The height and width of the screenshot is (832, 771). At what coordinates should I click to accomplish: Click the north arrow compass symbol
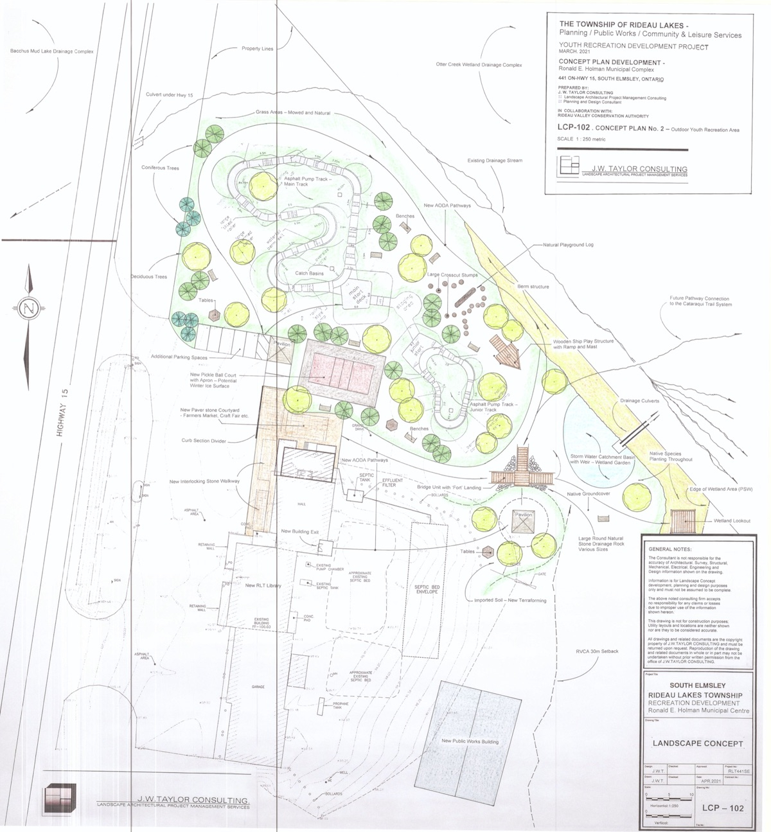28,308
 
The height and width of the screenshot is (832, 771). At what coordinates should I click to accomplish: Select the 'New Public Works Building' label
470,741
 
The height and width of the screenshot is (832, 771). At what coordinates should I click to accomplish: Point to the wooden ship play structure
506,349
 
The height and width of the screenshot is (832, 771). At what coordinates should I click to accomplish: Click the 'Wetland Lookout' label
732,521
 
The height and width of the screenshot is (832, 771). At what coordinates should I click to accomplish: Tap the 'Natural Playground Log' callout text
568,245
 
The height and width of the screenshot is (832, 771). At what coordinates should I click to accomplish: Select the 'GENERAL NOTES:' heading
669,550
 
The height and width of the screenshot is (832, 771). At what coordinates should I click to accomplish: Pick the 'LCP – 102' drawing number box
723,808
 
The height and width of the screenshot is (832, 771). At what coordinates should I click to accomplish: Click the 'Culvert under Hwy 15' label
169,95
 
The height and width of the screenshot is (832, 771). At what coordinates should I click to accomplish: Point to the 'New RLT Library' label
263,586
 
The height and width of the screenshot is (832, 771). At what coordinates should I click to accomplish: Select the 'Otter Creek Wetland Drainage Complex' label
479,65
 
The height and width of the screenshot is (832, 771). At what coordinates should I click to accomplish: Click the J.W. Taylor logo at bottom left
60,799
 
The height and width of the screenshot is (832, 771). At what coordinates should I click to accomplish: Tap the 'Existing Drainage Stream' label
495,161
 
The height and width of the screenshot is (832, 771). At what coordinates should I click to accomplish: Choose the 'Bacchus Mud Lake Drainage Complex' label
52,51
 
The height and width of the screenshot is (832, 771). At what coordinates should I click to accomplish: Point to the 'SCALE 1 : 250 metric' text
581,139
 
